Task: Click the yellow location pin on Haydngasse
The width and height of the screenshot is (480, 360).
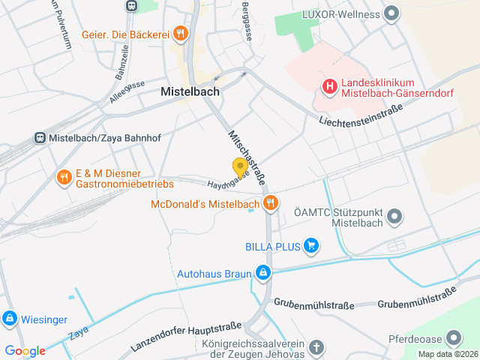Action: point(240,167)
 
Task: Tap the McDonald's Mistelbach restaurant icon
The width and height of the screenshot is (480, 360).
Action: point(270,202)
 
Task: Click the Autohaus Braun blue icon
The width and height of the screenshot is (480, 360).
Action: point(262,273)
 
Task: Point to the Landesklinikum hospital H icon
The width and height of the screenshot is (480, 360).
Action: point(328,87)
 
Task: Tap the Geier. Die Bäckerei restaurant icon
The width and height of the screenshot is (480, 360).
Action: point(180,33)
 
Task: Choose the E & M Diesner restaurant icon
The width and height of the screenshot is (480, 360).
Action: point(64,178)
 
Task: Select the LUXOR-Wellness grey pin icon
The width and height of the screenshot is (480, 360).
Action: point(390,13)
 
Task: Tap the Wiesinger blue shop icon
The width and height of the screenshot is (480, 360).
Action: point(9,318)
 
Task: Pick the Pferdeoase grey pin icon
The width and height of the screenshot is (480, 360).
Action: point(454,338)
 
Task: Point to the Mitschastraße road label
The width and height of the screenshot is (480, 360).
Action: point(245,158)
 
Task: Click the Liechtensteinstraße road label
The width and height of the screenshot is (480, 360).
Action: point(360,114)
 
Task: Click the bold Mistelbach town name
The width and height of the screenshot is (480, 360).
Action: point(190,91)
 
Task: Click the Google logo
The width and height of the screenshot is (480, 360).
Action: point(25,351)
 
